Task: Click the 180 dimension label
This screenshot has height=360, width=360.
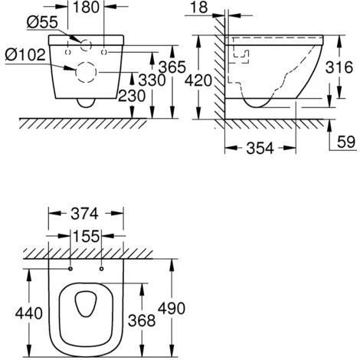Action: click(86, 7)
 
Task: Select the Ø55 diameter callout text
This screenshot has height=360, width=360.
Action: click(42, 22)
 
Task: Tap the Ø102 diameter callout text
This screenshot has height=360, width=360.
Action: click(25, 54)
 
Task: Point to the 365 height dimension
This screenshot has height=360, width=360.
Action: click(172, 67)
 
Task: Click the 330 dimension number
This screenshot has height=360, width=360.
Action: click(152, 80)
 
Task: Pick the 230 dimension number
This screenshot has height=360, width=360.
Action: click(132, 96)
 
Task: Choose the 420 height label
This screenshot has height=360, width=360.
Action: click(198, 80)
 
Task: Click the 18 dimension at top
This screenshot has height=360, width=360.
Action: click(199, 8)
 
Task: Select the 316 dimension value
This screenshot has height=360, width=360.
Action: click(339, 67)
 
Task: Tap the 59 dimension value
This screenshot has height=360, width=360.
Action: click(346, 142)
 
